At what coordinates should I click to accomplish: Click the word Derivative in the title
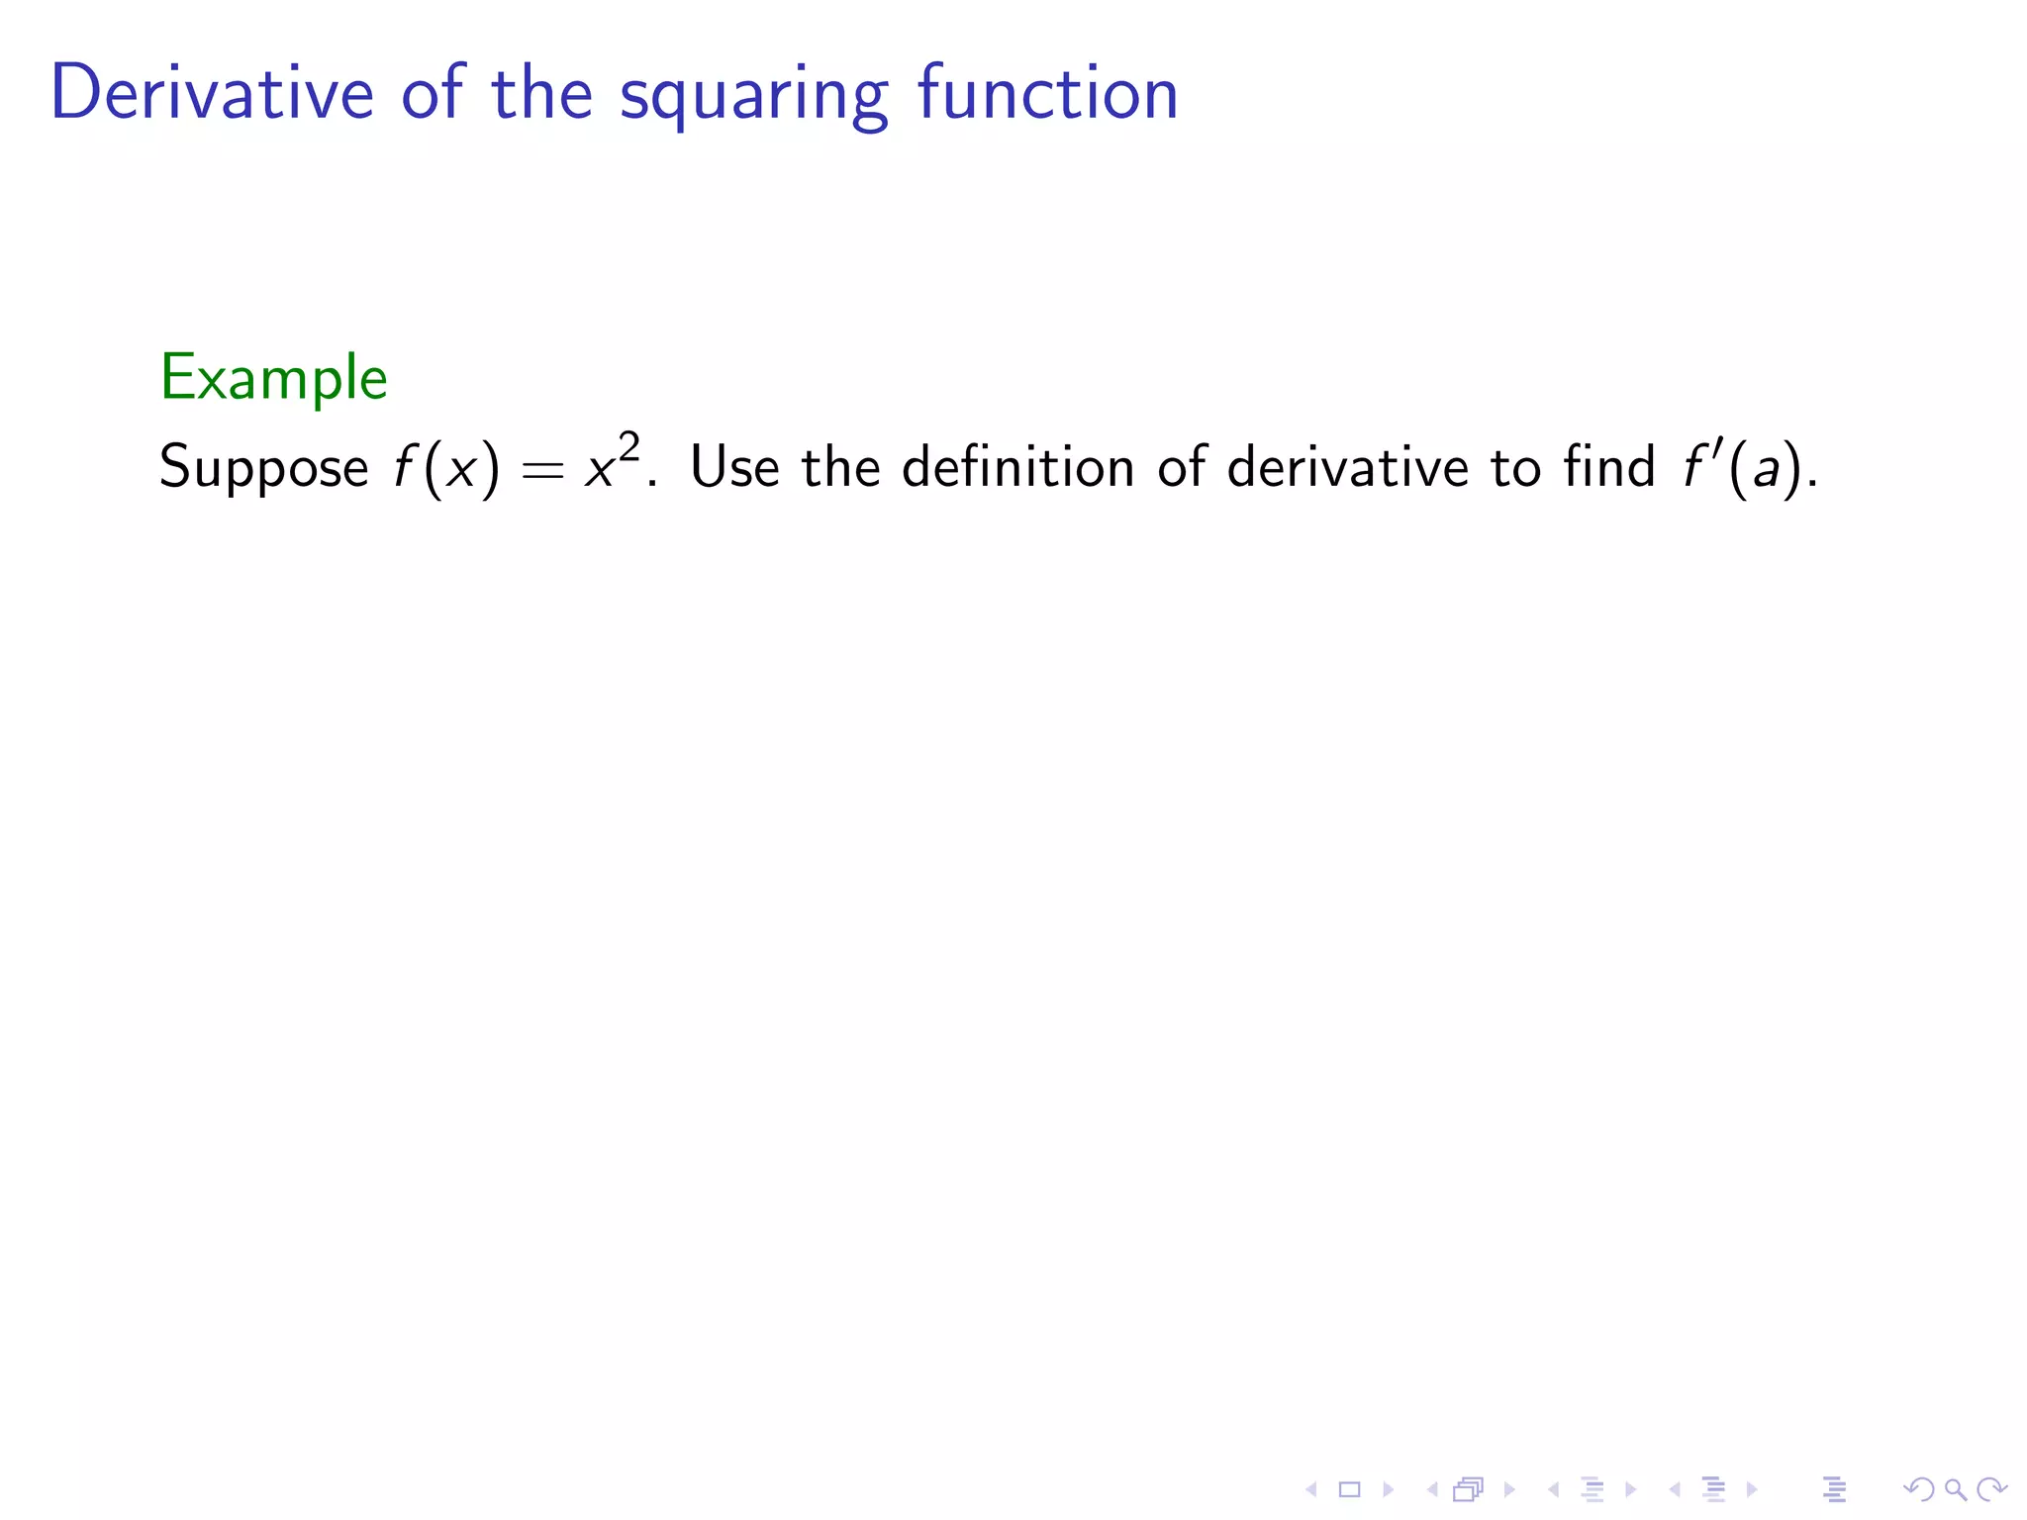coord(212,93)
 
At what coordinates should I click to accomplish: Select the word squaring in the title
coord(753,97)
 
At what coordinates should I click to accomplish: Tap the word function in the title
coord(1047,93)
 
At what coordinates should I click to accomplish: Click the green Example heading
coord(273,378)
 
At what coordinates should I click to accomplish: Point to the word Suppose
coord(263,468)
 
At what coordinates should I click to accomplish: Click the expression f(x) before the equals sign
coord(446,468)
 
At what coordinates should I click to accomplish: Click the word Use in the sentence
coord(734,466)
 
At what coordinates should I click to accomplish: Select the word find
coord(1609,466)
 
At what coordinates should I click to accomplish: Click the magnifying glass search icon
coord(1955,1489)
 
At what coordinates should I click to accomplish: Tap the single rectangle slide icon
coord(1349,1489)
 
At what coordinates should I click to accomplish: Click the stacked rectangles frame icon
coord(1469,1489)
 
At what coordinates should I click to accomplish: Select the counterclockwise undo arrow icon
coord(1918,1489)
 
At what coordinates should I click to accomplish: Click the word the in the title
coord(541,93)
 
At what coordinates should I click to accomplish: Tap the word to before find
coord(1515,467)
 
